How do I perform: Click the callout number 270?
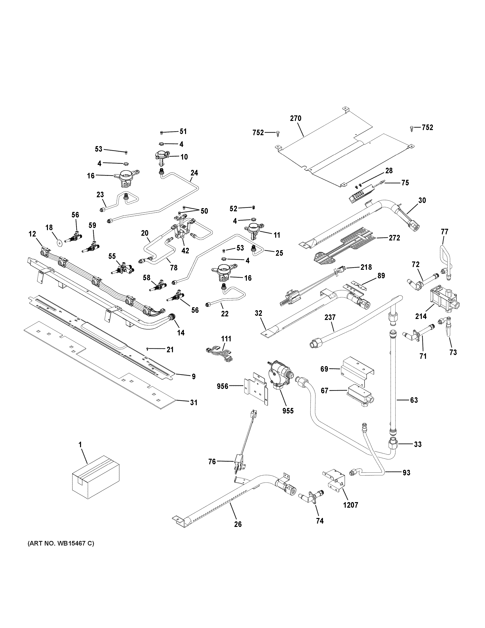click(x=295, y=118)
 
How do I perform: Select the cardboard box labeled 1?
click(x=95, y=481)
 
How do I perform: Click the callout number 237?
click(x=330, y=317)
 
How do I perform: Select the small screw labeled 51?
click(x=162, y=133)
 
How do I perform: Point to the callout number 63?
click(x=414, y=400)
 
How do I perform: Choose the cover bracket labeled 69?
click(x=357, y=370)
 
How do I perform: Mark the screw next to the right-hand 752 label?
click(x=412, y=128)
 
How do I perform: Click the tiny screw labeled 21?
click(x=147, y=349)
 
